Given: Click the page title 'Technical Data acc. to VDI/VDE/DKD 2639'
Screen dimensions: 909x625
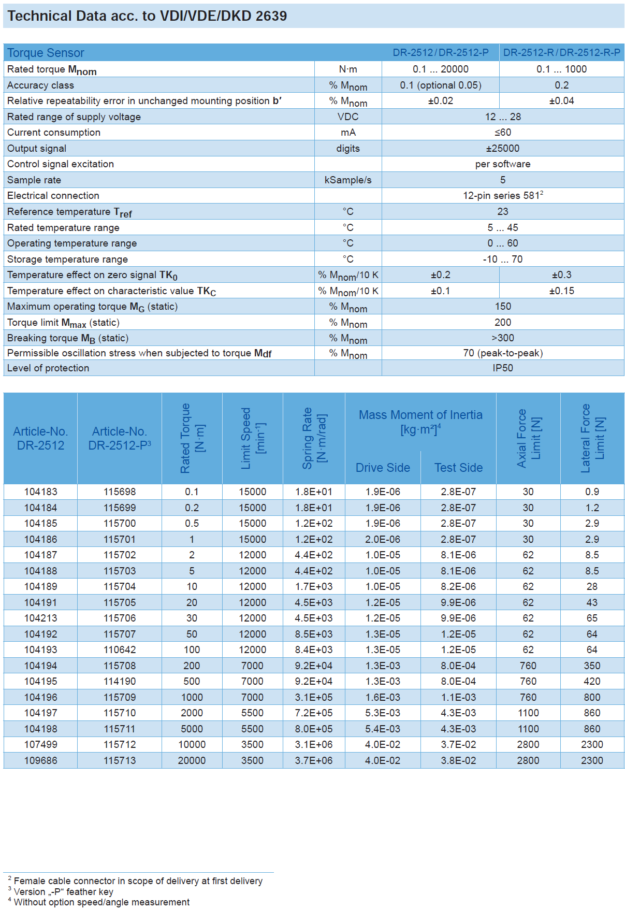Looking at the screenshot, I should pos(147,16).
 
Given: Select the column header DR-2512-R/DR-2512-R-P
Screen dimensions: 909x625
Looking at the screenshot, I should pos(561,53).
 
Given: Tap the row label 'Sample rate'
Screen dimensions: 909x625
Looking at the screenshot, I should pos(34,180).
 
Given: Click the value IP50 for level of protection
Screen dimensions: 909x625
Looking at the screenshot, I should pos(502,368).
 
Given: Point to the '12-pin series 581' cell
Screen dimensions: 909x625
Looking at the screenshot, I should pos(502,196).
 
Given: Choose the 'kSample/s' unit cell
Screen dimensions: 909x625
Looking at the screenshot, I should pos(348,180).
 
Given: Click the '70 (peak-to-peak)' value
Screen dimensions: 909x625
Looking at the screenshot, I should pos(502,353).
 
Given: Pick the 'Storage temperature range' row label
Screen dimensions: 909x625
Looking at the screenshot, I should pos(67,259).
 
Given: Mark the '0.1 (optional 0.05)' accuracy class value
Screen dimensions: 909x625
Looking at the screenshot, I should pos(440,85).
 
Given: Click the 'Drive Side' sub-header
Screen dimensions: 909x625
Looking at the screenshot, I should pos(383,468).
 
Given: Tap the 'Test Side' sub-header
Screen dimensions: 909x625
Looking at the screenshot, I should pos(458,468).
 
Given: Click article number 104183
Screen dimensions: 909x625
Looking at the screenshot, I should pos(40,492).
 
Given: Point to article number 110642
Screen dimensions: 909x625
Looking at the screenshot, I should pos(120,650).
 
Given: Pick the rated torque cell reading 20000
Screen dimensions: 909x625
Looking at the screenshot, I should pos(192,761).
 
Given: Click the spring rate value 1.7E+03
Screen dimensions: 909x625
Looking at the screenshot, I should pos(314,587).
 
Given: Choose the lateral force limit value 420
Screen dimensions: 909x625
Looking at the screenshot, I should pos(592,682).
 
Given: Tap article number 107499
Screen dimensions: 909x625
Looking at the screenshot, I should pos(40,745).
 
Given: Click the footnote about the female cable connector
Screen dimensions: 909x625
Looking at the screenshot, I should pos(138,881).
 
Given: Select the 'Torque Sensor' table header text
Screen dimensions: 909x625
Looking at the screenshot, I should pos(46,53).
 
